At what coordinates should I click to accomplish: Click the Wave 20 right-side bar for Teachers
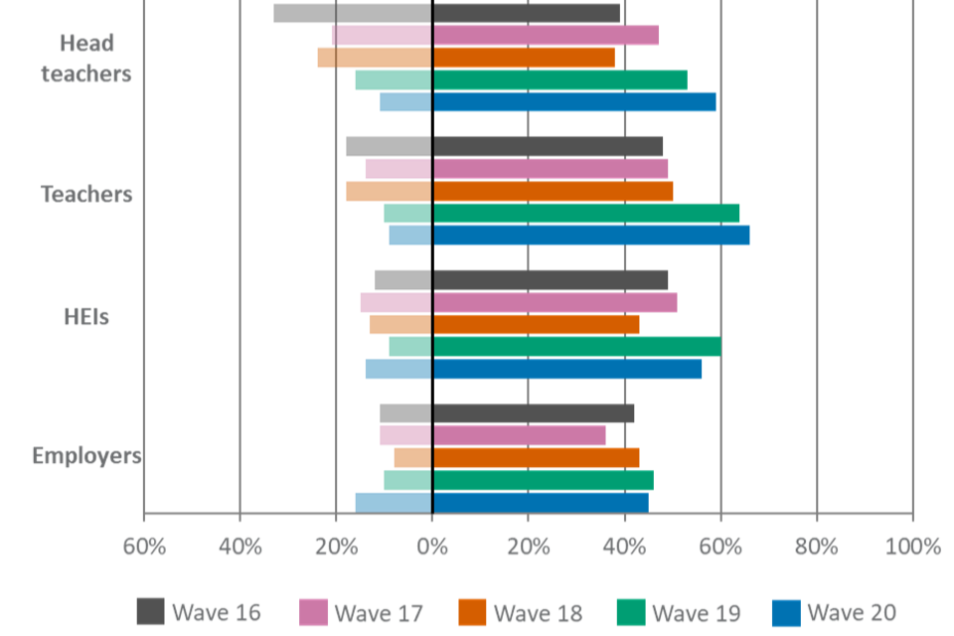pyautogui.click(x=591, y=236)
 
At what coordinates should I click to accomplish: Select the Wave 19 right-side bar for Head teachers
pyautogui.click(x=559, y=79)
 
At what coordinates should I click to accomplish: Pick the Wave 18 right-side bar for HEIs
pyautogui.click(x=536, y=324)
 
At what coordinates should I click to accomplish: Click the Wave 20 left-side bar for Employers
pyautogui.click(x=393, y=502)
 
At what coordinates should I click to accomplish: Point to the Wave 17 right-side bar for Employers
pyautogui.click(x=519, y=435)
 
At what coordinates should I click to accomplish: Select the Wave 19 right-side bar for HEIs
pyautogui.click(x=576, y=347)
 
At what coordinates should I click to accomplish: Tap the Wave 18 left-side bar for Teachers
pyautogui.click(x=389, y=191)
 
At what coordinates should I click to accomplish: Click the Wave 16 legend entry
pyautogui.click(x=199, y=612)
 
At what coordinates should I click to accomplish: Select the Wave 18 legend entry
pyautogui.click(x=521, y=612)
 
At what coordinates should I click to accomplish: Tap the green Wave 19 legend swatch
pyautogui.click(x=631, y=612)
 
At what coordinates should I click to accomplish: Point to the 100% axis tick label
pyautogui.click(x=911, y=547)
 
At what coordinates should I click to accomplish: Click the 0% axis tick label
pyautogui.click(x=432, y=547)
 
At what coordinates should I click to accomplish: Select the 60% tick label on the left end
pyautogui.click(x=144, y=547)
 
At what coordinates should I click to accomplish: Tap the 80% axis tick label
pyautogui.click(x=816, y=547)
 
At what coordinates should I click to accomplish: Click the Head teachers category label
pyautogui.click(x=86, y=59)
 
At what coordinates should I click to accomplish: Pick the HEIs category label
pyautogui.click(x=86, y=318)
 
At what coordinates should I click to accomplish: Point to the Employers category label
pyautogui.click(x=86, y=457)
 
